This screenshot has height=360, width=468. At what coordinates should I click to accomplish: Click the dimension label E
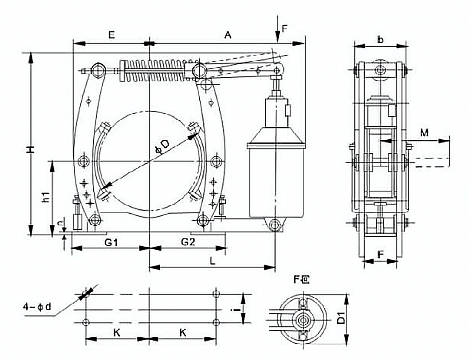[x=111, y=34]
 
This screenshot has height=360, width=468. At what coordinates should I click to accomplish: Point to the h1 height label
[x=45, y=197]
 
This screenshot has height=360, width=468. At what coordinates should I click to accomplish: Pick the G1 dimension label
[x=111, y=242]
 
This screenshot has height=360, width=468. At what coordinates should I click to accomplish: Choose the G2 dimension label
[x=188, y=242]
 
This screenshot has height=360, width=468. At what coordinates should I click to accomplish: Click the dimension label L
[x=212, y=261]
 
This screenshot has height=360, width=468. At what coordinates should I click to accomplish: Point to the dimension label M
[x=424, y=133]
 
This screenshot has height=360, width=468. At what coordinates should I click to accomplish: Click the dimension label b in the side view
[x=380, y=40]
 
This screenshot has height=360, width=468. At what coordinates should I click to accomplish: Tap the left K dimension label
[x=117, y=332]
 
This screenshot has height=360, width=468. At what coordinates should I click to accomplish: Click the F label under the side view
[x=380, y=255]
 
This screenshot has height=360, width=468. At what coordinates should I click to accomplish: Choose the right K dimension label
[x=183, y=332]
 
